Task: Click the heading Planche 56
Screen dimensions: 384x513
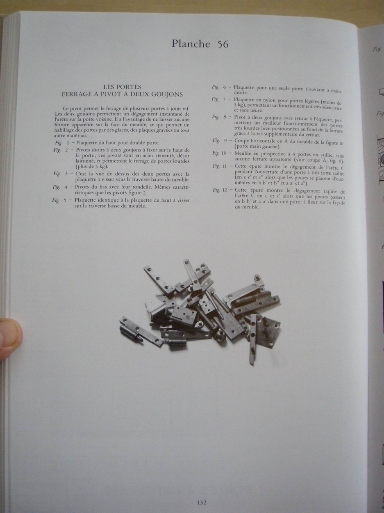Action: click(200, 44)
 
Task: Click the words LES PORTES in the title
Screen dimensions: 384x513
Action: click(122, 87)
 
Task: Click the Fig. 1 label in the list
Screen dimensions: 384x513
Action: click(62, 142)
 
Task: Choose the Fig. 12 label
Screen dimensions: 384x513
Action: click(220, 190)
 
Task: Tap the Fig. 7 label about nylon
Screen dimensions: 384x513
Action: click(219, 99)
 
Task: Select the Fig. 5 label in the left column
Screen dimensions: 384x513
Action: click(59, 200)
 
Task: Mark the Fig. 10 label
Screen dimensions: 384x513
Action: click(220, 153)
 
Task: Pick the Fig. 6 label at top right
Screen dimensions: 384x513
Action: click(219, 87)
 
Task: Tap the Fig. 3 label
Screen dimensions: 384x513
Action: click(60, 174)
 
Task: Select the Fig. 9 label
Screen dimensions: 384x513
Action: click(220, 141)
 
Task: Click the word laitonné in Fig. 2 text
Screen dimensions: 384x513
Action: click(84, 161)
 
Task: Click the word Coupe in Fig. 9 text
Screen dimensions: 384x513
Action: click(241, 141)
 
